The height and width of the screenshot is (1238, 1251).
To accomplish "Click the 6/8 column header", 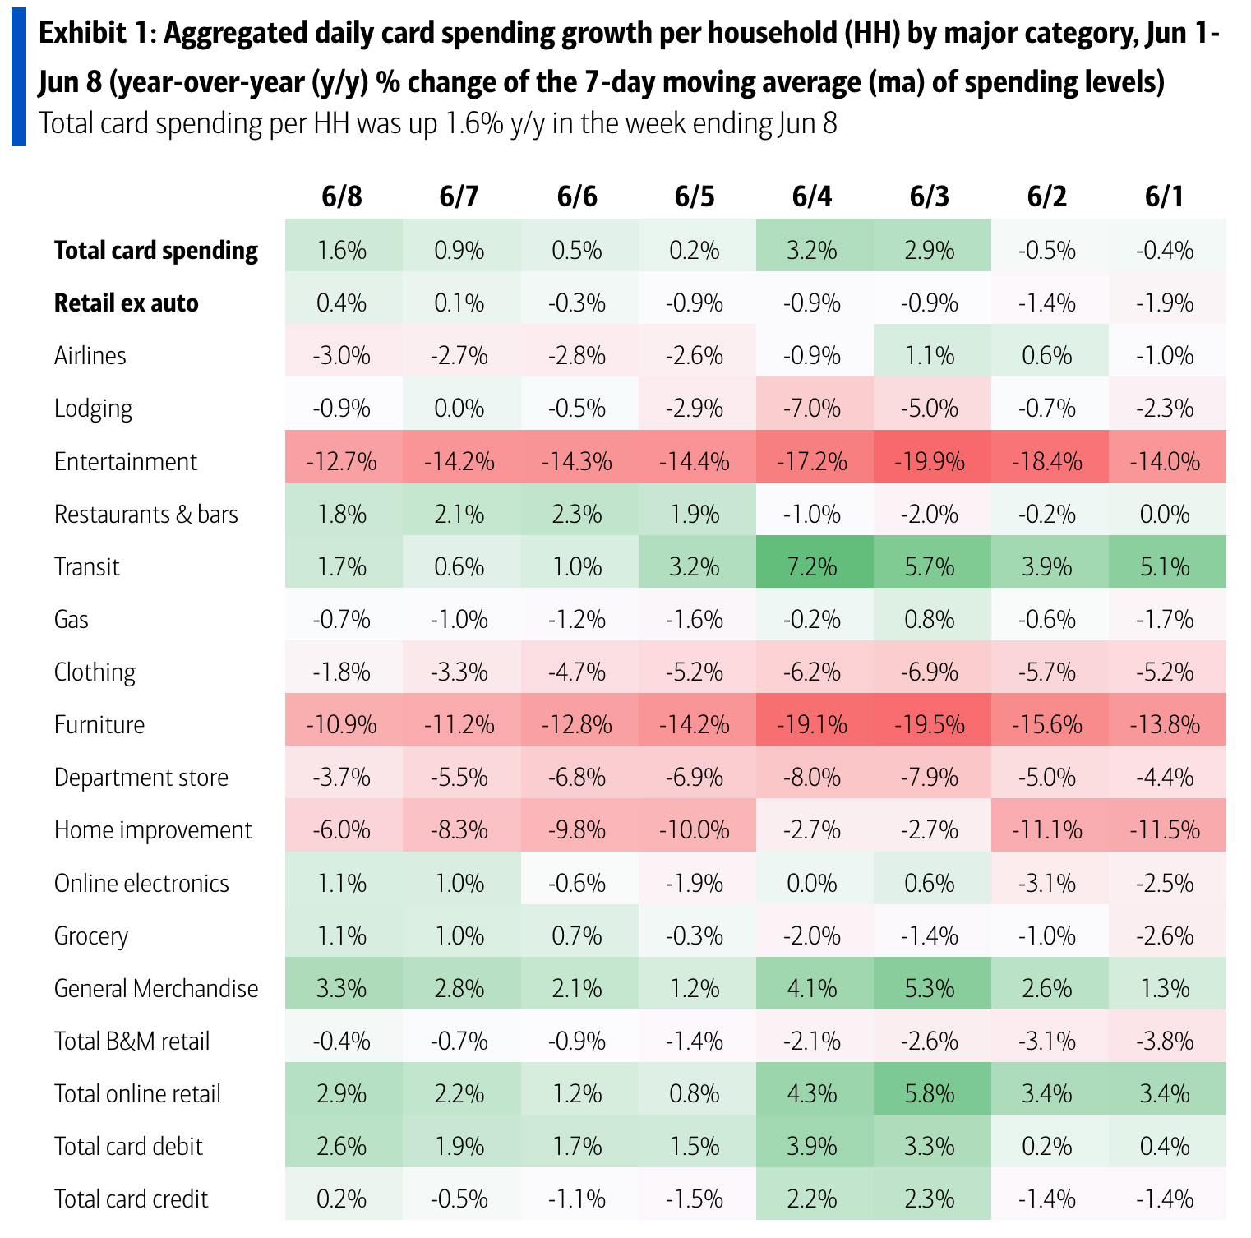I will [x=342, y=196].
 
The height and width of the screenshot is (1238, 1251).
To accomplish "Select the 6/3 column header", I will [x=930, y=196].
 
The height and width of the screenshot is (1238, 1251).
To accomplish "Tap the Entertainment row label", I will [x=126, y=462].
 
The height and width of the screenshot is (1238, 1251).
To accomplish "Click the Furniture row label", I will [x=99, y=725].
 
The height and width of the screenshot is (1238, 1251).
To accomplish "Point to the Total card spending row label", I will [x=156, y=251].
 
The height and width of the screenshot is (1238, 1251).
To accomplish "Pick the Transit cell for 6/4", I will [x=812, y=567].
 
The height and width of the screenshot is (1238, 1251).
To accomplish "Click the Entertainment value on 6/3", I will [x=930, y=462].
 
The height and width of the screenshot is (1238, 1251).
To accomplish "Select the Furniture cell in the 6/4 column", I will [x=812, y=725].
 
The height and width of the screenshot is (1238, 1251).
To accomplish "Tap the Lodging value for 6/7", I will [x=459, y=409].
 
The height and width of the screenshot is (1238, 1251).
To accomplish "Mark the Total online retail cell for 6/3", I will [x=930, y=1094].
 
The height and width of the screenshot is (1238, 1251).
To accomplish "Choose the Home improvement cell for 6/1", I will [x=1165, y=830].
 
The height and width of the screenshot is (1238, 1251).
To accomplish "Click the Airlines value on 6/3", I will [x=930, y=356].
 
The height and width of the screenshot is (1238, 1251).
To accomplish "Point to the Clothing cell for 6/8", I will [x=342, y=672].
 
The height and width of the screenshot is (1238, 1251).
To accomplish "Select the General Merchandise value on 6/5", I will [x=695, y=989].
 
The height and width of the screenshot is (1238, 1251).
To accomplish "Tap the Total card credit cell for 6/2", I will [x=1047, y=1199].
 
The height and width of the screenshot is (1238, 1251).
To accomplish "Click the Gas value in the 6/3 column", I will [x=930, y=620].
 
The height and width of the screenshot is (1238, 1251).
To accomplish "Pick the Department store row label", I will [x=141, y=778].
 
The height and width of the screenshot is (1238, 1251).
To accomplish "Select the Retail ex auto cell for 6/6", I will [x=577, y=303].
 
